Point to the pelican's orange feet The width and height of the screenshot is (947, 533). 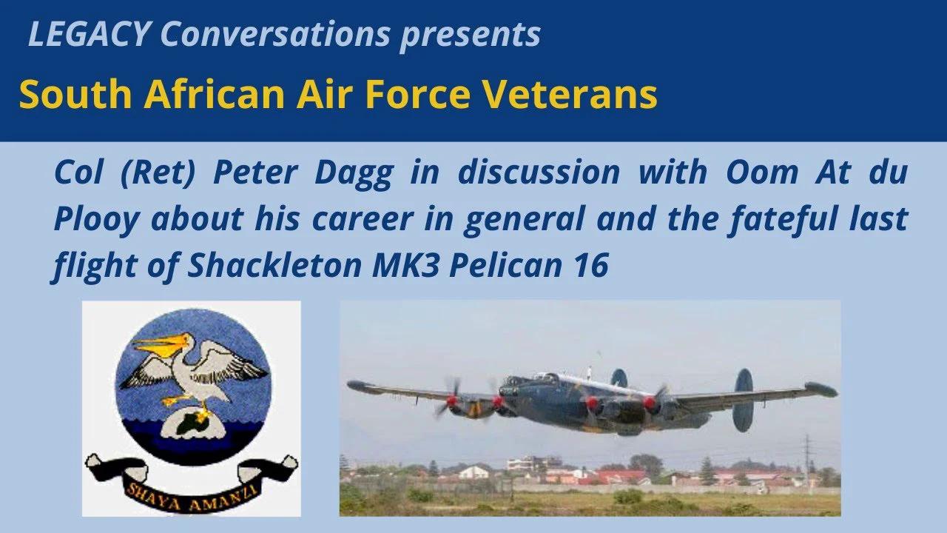178,400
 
